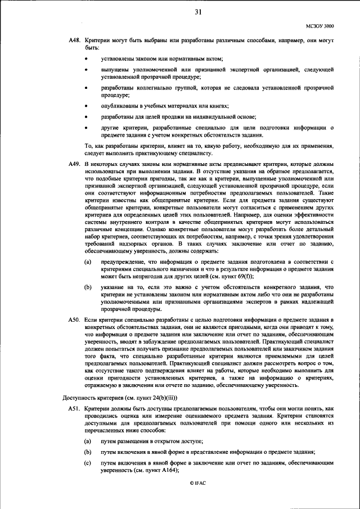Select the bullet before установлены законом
pyautogui.click(x=85, y=59)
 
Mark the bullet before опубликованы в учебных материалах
pyautogui.click(x=85, y=106)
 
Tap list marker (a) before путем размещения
pyautogui.click(x=88, y=442)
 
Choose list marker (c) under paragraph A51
pyautogui.click(x=88, y=463)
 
